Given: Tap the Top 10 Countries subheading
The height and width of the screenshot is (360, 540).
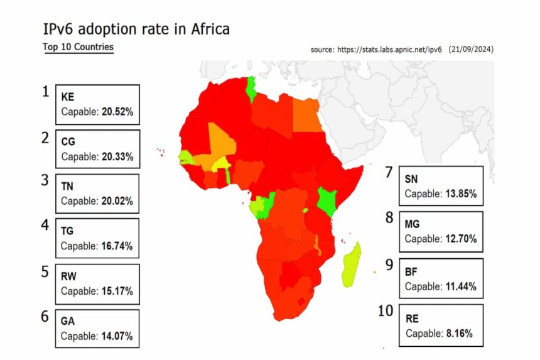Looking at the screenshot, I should tap(78, 47).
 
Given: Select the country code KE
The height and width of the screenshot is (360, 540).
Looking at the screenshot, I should tap(68, 97).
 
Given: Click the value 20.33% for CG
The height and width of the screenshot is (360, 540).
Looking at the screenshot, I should tap(117, 156).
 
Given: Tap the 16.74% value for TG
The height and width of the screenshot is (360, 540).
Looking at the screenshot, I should tap(117, 246).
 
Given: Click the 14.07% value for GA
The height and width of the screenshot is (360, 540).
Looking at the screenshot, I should tap(117, 336).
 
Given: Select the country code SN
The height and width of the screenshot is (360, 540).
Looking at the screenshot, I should tap(411, 180).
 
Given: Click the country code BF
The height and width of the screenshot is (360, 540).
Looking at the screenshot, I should tap(411, 271).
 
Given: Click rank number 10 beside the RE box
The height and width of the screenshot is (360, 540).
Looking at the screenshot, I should tap(386, 310).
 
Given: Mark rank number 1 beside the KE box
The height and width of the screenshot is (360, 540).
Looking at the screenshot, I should tap(45, 92).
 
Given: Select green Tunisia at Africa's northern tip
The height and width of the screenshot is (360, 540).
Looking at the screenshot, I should tap(252, 89).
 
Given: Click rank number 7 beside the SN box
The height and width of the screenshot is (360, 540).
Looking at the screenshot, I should tap(389, 172).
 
